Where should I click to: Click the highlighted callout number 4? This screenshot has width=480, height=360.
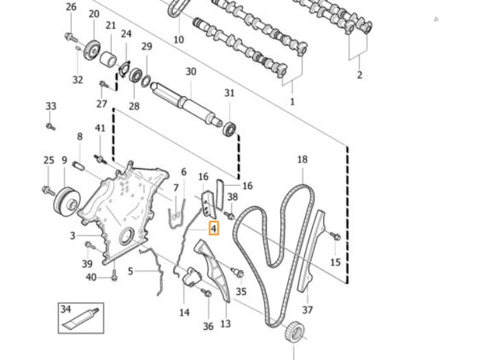pyautogui.click(x=214, y=228)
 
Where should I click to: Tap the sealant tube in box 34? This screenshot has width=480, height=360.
pyautogui.click(x=80, y=319)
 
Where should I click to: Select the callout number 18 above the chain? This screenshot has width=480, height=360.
pyautogui.click(x=302, y=160)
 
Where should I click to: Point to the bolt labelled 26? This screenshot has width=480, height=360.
pyautogui.click(x=71, y=38)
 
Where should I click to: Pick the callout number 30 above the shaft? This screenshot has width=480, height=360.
pyautogui.click(x=191, y=71)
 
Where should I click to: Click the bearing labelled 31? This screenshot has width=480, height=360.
pyautogui.click(x=230, y=129)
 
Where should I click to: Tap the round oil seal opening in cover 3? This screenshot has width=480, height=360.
pyautogui.click(x=126, y=237)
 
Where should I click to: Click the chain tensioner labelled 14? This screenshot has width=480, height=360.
pyautogui.click(x=191, y=276)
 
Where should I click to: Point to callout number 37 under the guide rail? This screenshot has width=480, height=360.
pyautogui.click(x=307, y=310)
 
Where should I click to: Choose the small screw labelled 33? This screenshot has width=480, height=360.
pyautogui.click(x=50, y=126)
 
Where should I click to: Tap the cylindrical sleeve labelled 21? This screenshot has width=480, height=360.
pyautogui.click(x=108, y=59)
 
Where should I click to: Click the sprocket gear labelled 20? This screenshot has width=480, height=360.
pyautogui.click(x=93, y=51)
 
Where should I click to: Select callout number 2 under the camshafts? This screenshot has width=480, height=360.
pyautogui.click(x=359, y=75)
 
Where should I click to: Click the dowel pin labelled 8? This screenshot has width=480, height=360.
pyautogui.click(x=78, y=167)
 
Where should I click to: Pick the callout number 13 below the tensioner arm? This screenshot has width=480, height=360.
pyautogui.click(x=226, y=324)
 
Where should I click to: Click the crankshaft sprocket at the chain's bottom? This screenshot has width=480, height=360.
pyautogui.click(x=295, y=331)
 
